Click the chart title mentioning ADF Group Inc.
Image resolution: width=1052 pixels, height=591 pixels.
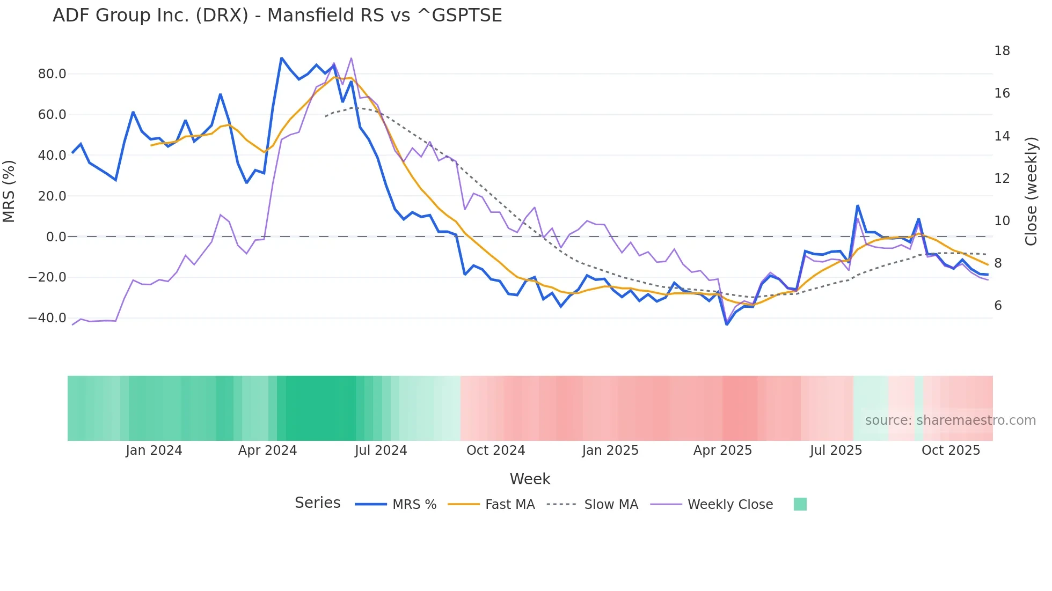pos(277,16)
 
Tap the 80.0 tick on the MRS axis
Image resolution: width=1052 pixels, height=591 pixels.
pos(52,74)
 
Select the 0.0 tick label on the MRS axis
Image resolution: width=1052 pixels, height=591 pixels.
pos(56,237)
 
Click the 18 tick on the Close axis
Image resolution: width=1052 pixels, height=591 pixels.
pos(1002,51)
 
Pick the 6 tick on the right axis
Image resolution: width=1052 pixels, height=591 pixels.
pos(998,306)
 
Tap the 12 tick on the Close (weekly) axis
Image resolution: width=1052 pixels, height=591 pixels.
pos(1002,179)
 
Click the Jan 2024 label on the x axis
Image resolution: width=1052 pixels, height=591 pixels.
pos(154,450)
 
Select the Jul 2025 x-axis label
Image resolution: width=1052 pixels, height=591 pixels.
pos(836,450)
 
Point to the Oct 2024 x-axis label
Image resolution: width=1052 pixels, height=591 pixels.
pos(495,450)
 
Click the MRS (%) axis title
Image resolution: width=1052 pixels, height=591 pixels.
pos(9,191)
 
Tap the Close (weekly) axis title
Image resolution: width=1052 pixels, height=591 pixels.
pos(1031,191)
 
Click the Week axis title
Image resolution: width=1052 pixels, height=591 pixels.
pos(530,479)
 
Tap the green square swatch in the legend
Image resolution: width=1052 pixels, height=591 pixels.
pos(800,504)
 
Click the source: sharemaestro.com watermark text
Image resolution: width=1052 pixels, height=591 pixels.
pos(950,420)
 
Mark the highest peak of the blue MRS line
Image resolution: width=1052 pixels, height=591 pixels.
pos(282,58)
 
